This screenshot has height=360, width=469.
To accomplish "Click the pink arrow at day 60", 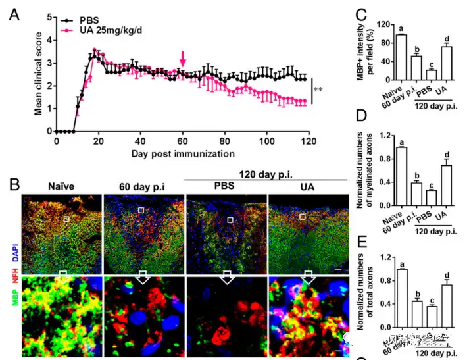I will point(183,63).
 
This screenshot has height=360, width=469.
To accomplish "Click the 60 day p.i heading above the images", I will point(142,186).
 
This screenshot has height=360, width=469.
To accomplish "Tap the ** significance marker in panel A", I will point(318,90).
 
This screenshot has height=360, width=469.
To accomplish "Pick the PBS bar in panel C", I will point(432,74).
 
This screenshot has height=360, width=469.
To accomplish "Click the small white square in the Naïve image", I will point(66,219).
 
